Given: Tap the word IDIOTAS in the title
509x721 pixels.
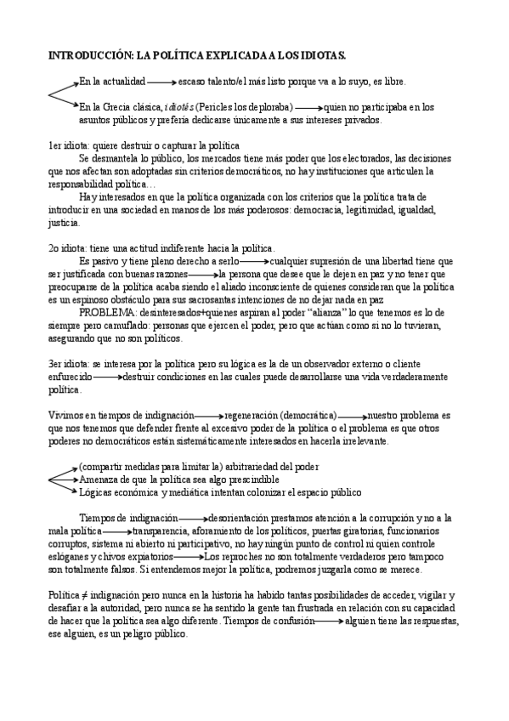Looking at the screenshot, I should click(321, 55).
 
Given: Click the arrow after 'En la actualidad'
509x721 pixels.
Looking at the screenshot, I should click(161, 82).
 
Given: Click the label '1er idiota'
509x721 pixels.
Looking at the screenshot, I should click(67, 146).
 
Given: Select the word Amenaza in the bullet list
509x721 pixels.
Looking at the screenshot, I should click(99, 479).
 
